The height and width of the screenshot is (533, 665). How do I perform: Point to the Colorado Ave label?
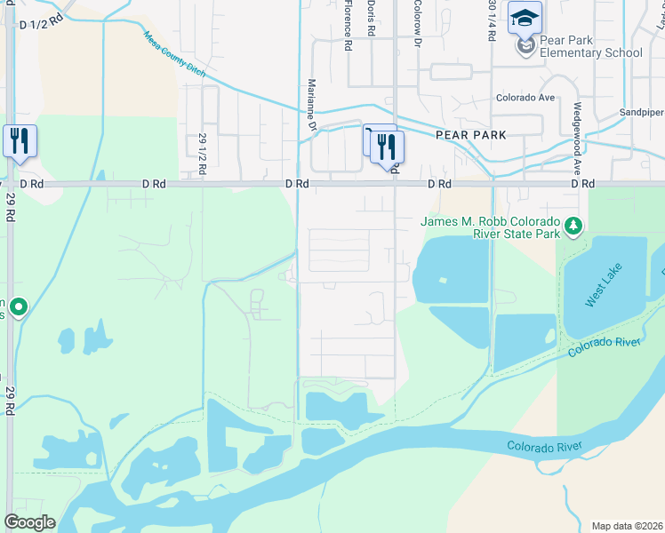tap(525, 98)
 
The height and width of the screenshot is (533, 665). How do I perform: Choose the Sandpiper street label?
tap(642, 113)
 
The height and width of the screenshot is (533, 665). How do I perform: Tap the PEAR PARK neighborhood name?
tap(470, 135)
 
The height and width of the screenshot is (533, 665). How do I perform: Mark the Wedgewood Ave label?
tap(577, 147)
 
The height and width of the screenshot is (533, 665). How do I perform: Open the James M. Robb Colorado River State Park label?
tap(490, 227)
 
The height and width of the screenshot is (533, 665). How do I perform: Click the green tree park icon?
tap(574, 227)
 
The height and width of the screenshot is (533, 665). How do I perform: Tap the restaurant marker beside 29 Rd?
tap(20, 141)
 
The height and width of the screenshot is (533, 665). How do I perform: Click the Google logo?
tap(29, 522)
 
